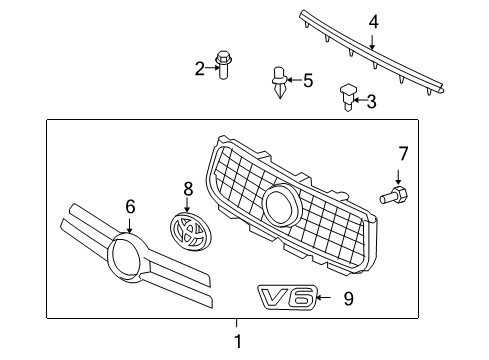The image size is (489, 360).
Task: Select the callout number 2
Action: [x=199, y=68]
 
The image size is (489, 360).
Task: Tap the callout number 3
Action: [x=371, y=100]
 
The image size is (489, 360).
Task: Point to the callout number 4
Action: [x=373, y=20]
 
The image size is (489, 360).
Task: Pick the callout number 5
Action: [x=308, y=79]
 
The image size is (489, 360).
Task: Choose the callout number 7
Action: [x=403, y=153]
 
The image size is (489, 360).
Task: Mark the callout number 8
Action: [x=187, y=188]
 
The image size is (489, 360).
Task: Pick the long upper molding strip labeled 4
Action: [x=370, y=56]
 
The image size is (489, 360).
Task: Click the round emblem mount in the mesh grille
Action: [x=281, y=206]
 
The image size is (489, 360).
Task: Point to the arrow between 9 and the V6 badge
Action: [x=328, y=296]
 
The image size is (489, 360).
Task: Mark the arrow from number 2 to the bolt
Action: [x=212, y=68]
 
